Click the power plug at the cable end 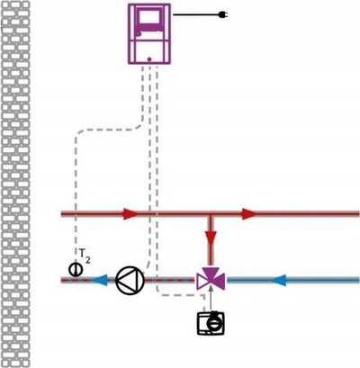222,14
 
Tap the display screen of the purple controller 149,18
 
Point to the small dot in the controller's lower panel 149,59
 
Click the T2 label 85,256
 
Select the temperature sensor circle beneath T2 76,270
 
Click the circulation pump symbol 130,281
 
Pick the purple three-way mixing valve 211,278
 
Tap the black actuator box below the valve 211,323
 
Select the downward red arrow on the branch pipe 211,235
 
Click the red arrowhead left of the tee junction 130,214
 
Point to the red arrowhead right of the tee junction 249,214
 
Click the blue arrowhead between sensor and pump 99,281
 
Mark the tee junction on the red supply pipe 211,214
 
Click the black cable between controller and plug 196,14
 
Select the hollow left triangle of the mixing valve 202,281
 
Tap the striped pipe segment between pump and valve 170,281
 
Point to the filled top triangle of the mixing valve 211,271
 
